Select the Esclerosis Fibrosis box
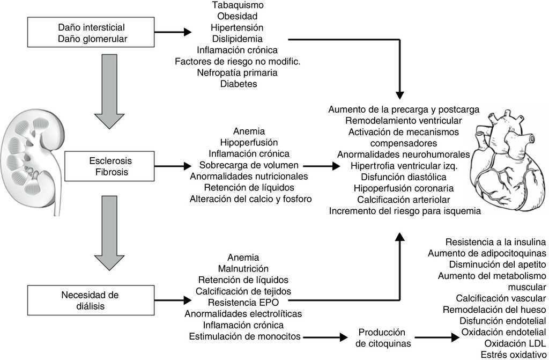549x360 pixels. (x=110, y=166)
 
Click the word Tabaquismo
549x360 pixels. (x=238, y=5)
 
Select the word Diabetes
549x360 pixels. (x=238, y=84)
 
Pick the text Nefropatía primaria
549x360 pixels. (x=238, y=72)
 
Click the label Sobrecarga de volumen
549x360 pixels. (x=249, y=165)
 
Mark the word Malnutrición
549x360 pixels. (x=243, y=268)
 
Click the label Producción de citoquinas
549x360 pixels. (x=381, y=337)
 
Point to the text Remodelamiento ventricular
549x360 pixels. (x=404, y=121)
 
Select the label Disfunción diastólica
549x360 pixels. (x=404, y=177)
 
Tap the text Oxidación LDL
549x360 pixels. (x=515, y=343)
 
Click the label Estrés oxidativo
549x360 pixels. (x=513, y=355)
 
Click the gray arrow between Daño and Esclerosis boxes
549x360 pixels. (x=109, y=91)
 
